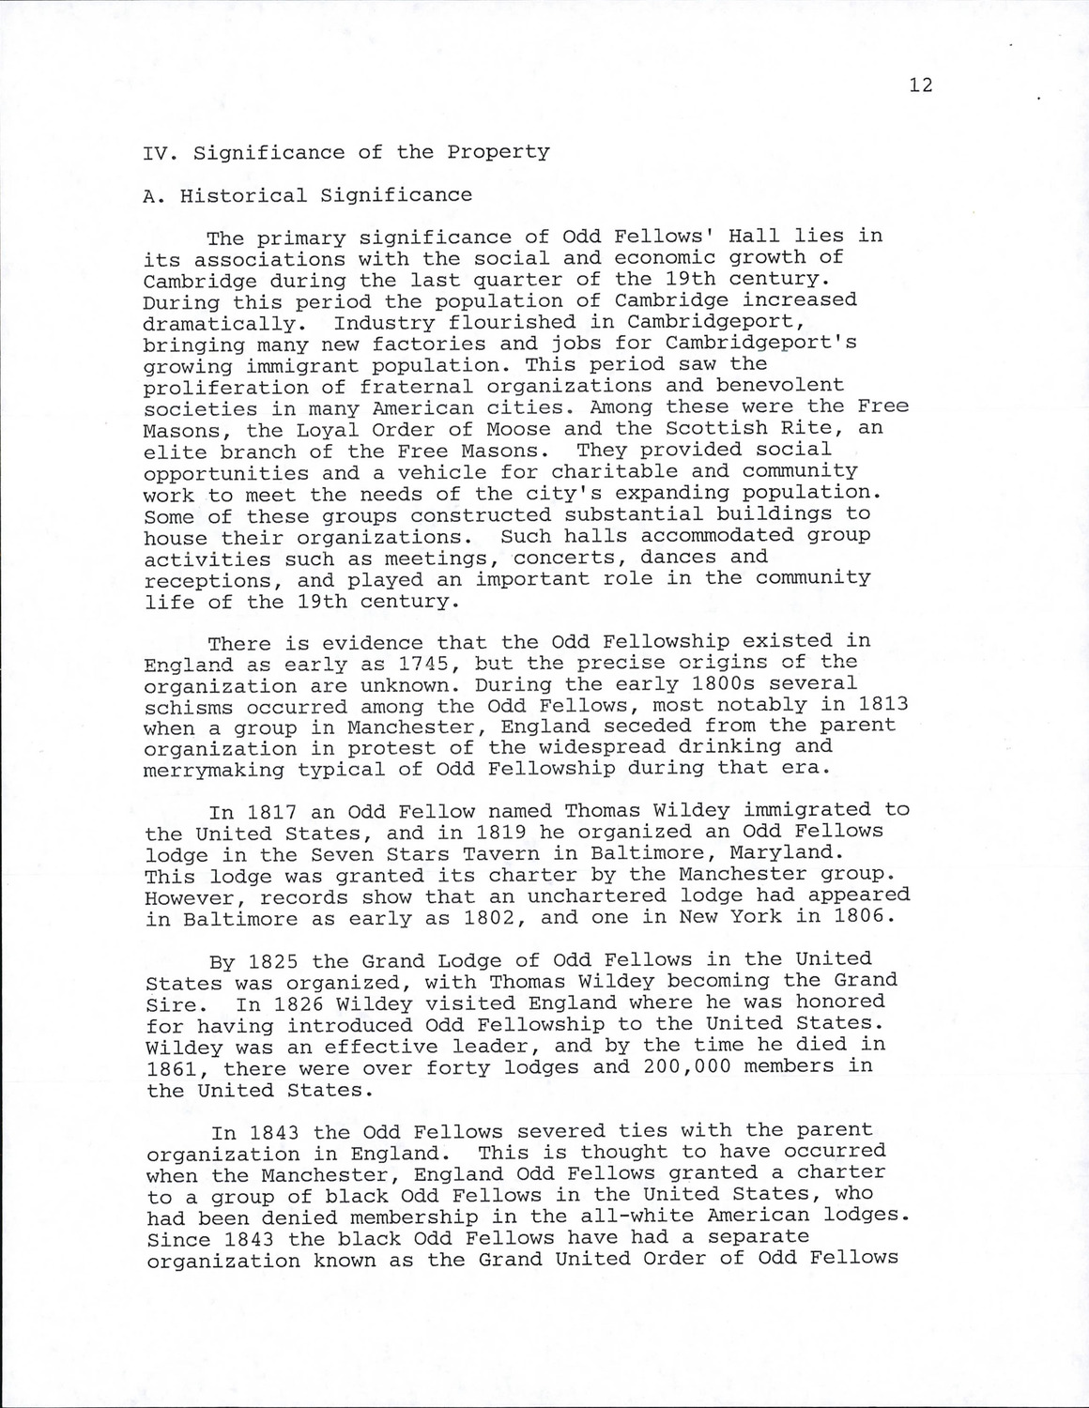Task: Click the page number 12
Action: tap(921, 85)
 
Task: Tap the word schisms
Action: tap(187, 707)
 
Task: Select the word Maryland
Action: tap(789, 853)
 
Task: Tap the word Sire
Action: tap(171, 1003)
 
